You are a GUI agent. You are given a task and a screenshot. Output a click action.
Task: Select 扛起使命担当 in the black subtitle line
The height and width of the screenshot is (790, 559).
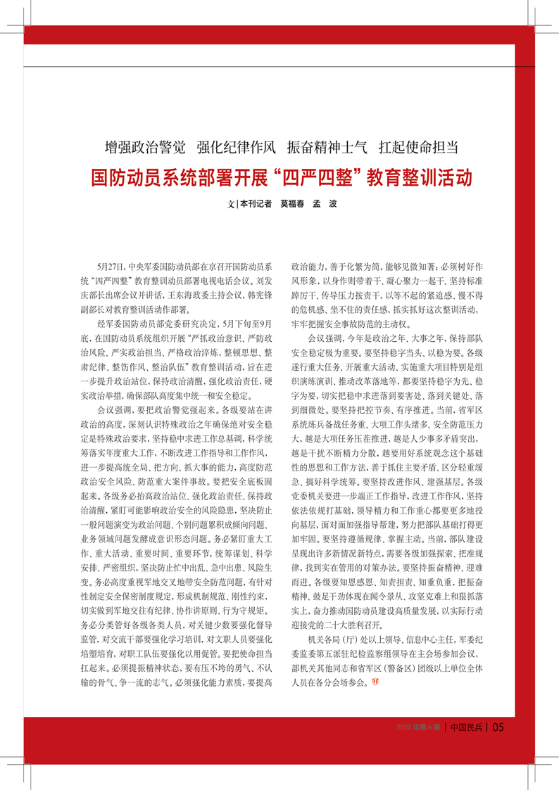tap(418, 147)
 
